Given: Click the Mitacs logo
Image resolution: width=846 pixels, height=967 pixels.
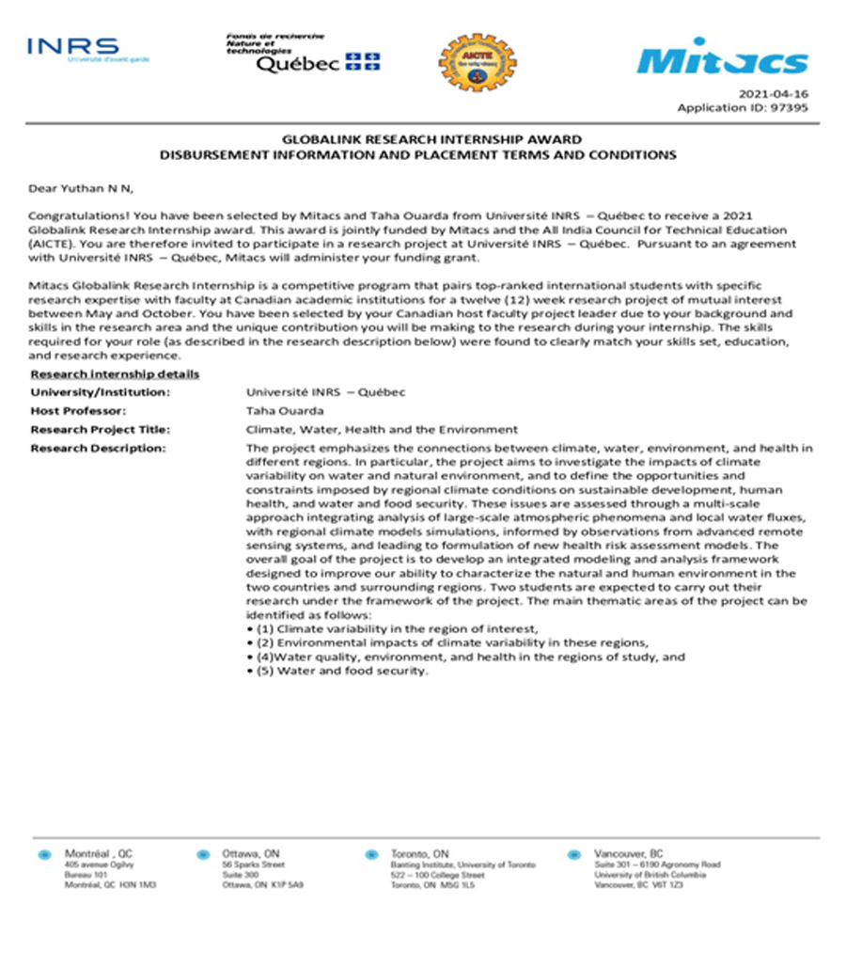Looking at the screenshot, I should pyautogui.click(x=722, y=58).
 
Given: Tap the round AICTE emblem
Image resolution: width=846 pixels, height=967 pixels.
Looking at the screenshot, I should pyautogui.click(x=478, y=60).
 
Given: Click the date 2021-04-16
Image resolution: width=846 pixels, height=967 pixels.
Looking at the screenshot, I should pyautogui.click(x=774, y=95).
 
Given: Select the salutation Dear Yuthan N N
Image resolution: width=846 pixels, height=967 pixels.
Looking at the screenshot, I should pyautogui.click(x=81, y=189).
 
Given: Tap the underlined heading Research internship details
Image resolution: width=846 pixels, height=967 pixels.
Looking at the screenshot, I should pyautogui.click(x=115, y=373).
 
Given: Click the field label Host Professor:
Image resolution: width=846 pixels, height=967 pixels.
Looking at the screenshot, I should pyautogui.click(x=78, y=411).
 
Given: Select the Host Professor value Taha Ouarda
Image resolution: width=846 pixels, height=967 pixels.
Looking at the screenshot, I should pyautogui.click(x=284, y=411).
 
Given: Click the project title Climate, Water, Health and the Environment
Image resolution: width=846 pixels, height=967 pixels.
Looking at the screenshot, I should pyautogui.click(x=382, y=430).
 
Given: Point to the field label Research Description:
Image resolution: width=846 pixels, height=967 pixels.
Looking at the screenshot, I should pyautogui.click(x=98, y=449).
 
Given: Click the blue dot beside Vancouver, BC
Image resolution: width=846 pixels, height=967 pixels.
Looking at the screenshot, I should pyautogui.click(x=573, y=855).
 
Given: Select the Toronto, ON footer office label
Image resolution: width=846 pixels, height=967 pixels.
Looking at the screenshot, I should pyautogui.click(x=421, y=853).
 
